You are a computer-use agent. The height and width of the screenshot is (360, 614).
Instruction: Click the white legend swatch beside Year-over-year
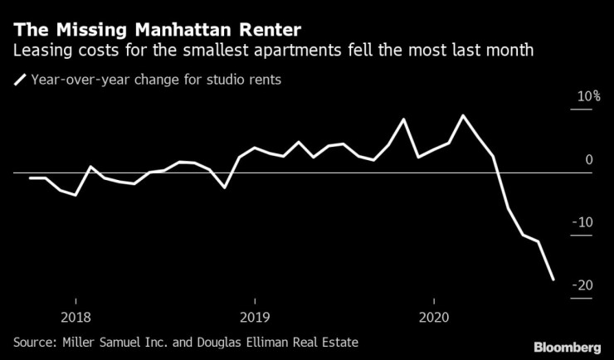pyautogui.click(x=19, y=81)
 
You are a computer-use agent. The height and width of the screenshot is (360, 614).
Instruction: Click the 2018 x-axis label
pyautogui.click(x=76, y=317)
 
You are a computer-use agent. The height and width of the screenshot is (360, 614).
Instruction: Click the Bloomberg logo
pyautogui.click(x=567, y=345)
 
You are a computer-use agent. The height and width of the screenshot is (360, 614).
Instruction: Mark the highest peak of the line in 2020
pyautogui.click(x=462, y=115)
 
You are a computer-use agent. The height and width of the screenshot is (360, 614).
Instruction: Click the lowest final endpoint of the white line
pyautogui.click(x=553, y=280)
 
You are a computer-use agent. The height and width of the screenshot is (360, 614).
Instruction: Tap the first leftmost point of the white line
pyautogui.click(x=30, y=178)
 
